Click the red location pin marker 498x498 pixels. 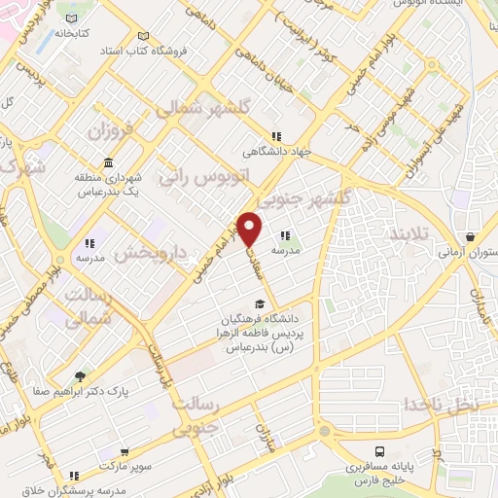pos(251,228)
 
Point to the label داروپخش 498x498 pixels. pos(150,255)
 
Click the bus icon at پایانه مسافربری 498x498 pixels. pos(379,452)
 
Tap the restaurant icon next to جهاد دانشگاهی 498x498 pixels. pos(276,136)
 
